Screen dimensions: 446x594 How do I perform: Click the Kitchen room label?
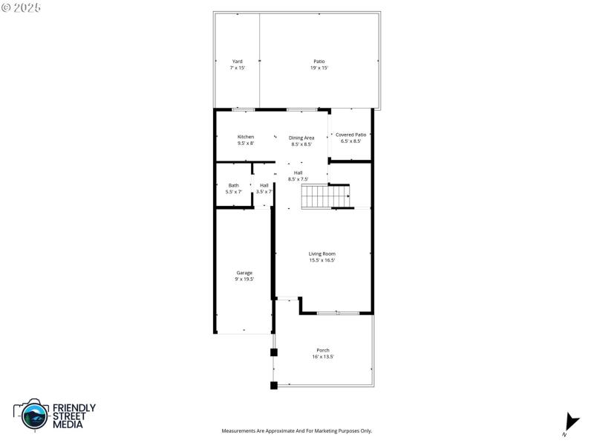click(246, 137)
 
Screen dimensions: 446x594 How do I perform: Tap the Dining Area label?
click(301, 138)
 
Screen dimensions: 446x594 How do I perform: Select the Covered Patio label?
click(350, 135)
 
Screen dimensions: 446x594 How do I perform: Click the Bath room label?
click(234, 185)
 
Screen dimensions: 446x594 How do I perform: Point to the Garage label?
click(244, 273)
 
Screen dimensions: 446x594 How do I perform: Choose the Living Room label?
click(322, 253)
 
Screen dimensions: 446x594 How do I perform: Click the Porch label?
click(323, 350)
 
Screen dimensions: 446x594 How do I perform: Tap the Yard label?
click(238, 61)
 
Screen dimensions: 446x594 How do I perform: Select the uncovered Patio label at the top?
click(319, 61)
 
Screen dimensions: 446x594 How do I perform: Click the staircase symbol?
click(325, 197)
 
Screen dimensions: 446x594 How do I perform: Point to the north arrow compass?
click(570, 421)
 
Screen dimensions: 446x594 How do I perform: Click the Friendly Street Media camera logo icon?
click(31, 415)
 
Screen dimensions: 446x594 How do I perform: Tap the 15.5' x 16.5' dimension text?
click(322, 260)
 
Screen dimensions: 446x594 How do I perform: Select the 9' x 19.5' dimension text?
click(244, 279)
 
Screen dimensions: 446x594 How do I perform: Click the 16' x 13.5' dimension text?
click(323, 357)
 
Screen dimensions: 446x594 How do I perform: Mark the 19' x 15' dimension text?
click(319, 68)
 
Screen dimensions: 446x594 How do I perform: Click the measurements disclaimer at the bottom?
click(297, 431)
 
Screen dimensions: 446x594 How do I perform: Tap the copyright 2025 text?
click(22, 7)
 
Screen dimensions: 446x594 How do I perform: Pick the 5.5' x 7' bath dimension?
click(234, 192)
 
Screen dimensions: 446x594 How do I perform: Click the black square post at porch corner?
click(274, 385)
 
